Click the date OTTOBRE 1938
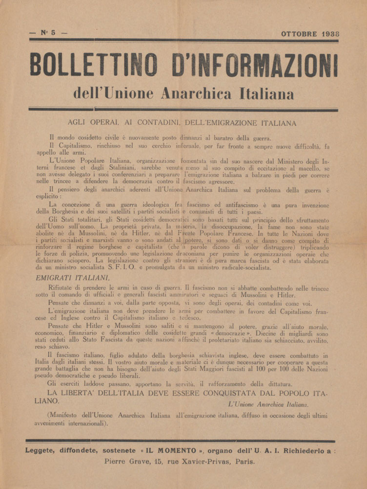pos(310,34)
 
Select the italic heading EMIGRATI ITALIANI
pos(72,277)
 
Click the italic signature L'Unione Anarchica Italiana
pos(267,404)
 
